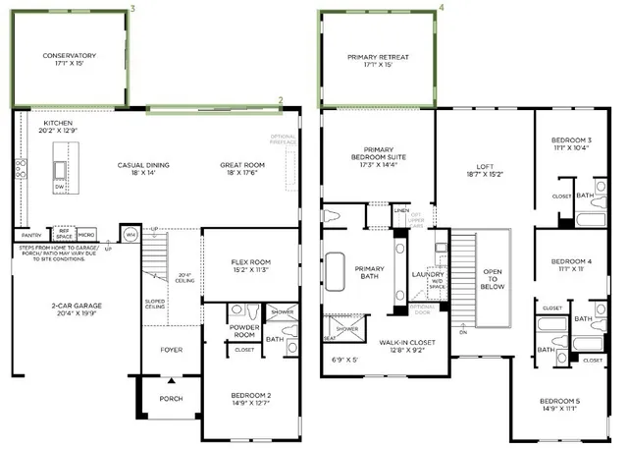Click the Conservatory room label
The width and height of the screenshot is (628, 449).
pyautogui.click(x=70, y=56)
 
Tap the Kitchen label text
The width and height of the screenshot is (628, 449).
pyautogui.click(x=58, y=124)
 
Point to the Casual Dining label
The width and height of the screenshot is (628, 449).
pyautogui.click(x=144, y=165)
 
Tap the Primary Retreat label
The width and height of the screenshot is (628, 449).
pyautogui.click(x=378, y=58)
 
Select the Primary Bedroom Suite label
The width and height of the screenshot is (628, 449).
pyautogui.click(x=378, y=153)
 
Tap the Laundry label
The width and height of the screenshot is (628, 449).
pyautogui.click(x=430, y=274)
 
